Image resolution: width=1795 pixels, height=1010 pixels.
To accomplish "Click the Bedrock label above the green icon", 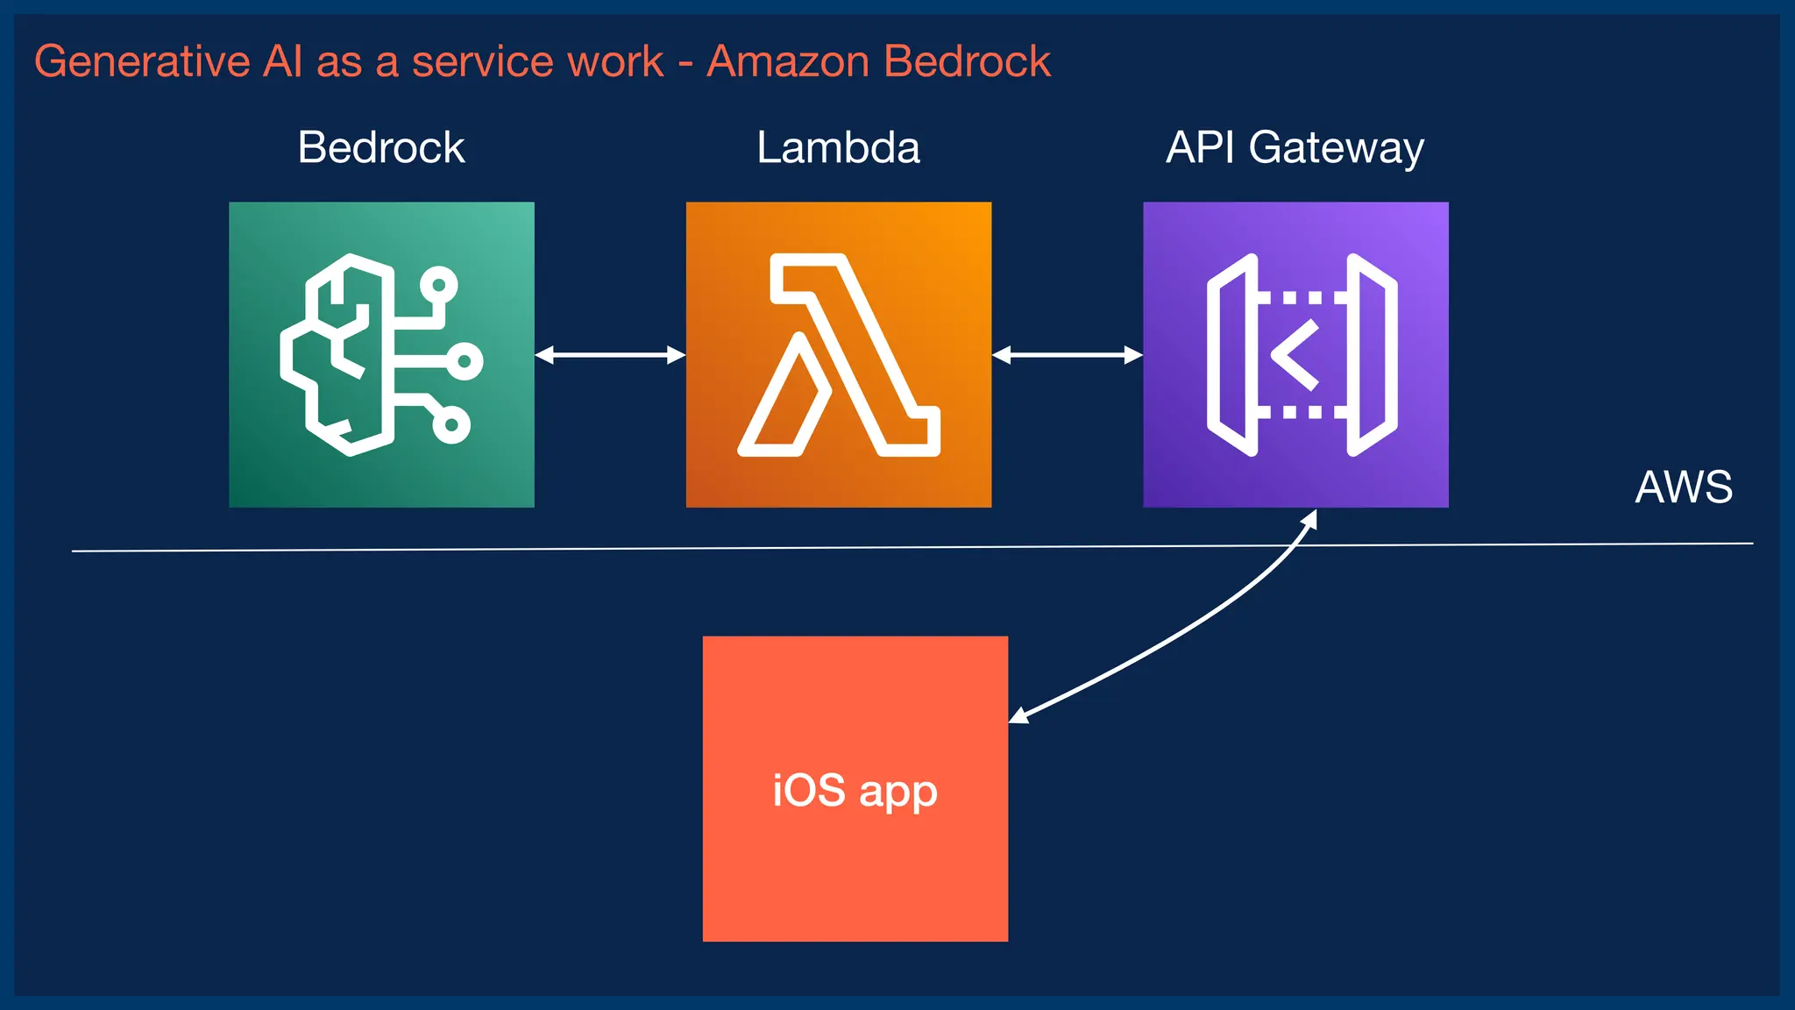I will pyautogui.click(x=381, y=147).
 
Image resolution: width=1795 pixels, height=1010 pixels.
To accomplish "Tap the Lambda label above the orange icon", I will pyautogui.click(x=838, y=147).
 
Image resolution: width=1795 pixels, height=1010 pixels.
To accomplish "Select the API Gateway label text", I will pyautogui.click(x=1295, y=147).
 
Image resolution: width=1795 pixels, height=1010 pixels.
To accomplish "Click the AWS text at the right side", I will pyautogui.click(x=1684, y=487).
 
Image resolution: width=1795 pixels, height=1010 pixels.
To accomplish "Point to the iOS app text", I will pyautogui.click(x=855, y=791).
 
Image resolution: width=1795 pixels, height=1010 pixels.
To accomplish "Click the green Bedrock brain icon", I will pyautogui.click(x=381, y=355).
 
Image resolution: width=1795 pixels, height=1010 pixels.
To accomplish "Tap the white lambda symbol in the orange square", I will pyautogui.click(x=839, y=355).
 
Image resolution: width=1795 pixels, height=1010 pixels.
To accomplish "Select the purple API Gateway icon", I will pyautogui.click(x=1295, y=355).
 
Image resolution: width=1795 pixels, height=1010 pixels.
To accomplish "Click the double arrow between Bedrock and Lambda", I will pyautogui.click(x=610, y=355).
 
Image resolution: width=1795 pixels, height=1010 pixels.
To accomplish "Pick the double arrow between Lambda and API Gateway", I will pyautogui.click(x=1067, y=355).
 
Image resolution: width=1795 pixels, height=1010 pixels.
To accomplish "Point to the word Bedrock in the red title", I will pyautogui.click(x=967, y=62).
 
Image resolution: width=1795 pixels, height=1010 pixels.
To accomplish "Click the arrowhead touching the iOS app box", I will pyautogui.click(x=1019, y=715).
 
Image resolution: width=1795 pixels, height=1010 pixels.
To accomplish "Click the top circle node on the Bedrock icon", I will pyautogui.click(x=438, y=285).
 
